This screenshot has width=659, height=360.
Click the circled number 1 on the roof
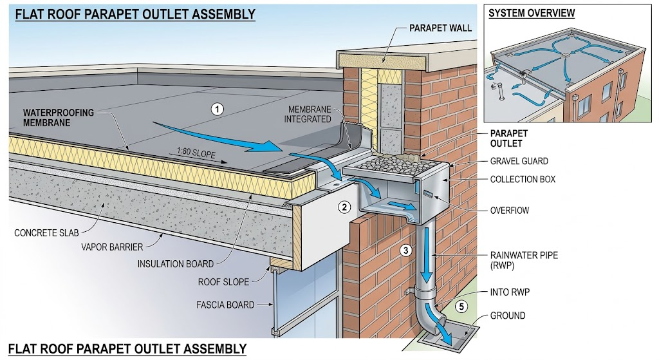click(x=217, y=109)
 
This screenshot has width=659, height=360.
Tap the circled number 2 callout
click(x=344, y=207)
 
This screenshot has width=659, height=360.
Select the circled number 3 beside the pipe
click(x=405, y=251)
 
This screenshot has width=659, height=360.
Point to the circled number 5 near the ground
click(x=461, y=306)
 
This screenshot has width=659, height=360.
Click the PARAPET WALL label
click(x=440, y=28)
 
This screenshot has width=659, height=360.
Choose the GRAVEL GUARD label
click(x=519, y=161)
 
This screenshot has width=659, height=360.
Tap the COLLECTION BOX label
click(x=523, y=180)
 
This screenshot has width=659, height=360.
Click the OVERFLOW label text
click(x=510, y=211)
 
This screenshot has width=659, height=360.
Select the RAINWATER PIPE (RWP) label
click(x=524, y=260)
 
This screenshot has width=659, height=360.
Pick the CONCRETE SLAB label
click(x=46, y=233)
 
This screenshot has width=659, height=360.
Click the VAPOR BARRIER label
click(x=112, y=247)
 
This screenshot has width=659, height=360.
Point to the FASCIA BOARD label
click(x=225, y=305)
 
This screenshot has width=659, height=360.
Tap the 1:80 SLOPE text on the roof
click(x=196, y=152)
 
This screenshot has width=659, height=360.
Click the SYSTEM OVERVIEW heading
click(x=531, y=13)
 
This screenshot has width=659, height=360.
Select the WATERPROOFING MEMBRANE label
click(x=58, y=118)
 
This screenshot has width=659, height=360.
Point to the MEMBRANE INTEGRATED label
click(x=307, y=115)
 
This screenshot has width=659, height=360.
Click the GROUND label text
click(x=507, y=316)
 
